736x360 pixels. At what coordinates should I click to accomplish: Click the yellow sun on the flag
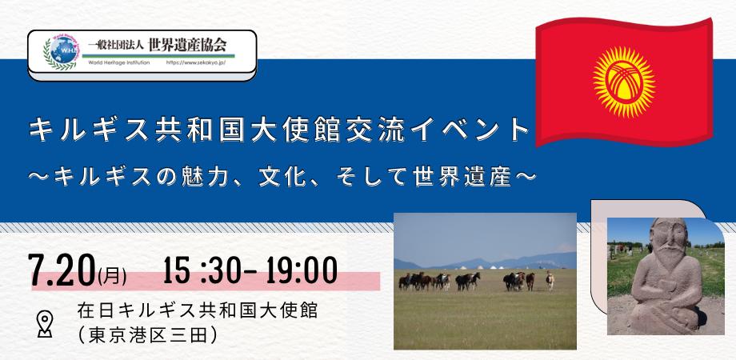point(624,82)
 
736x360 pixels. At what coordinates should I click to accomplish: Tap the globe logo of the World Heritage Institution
point(63,52)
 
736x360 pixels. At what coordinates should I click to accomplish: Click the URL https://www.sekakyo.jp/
point(196,63)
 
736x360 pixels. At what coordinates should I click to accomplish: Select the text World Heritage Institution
point(118,63)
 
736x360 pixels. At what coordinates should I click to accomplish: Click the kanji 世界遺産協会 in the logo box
point(187,45)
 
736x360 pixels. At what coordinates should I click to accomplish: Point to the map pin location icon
point(45,324)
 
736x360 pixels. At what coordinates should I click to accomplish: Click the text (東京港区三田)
point(148,334)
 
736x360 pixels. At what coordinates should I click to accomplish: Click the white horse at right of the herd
point(550,280)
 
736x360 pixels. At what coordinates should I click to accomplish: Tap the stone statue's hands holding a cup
point(662,283)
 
